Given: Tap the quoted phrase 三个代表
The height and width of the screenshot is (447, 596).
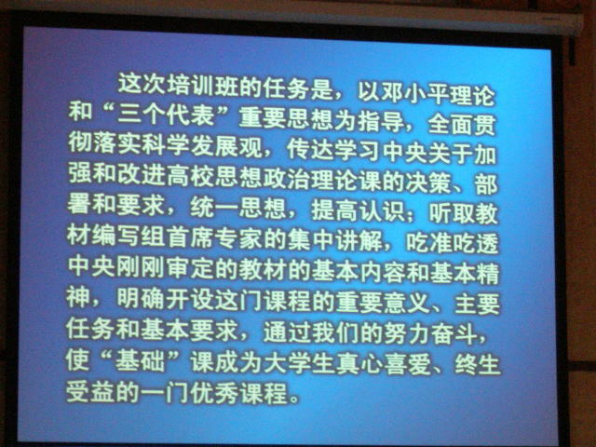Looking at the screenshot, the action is [166, 114].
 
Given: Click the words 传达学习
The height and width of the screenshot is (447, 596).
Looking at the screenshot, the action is [333, 150].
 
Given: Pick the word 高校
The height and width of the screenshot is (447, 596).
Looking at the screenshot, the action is [190, 175].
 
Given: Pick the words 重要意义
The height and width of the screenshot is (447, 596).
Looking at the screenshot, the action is [383, 302].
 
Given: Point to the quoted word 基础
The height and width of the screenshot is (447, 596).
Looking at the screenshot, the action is [141, 360].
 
